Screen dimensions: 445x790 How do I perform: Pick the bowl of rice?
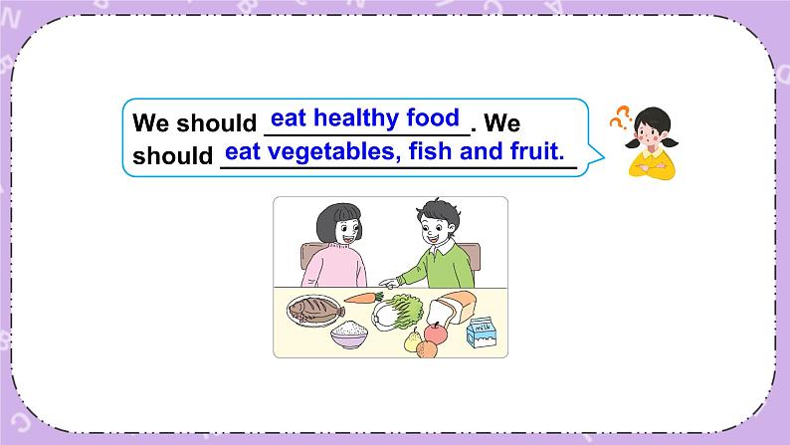(348, 334)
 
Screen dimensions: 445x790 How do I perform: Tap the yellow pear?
(413, 341)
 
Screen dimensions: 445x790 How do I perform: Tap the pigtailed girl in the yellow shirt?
(652, 144)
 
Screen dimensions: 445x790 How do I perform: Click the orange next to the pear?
(429, 349)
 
